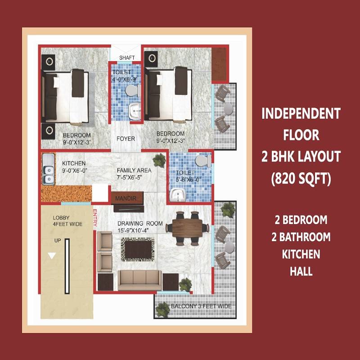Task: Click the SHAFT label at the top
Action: pyautogui.click(x=125, y=58)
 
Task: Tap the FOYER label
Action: pyautogui.click(x=126, y=139)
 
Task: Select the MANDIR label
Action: pyautogui.click(x=126, y=198)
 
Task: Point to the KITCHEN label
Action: pyautogui.click(x=73, y=163)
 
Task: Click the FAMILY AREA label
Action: pyautogui.click(x=134, y=171)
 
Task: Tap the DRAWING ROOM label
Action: pyautogui.click(x=140, y=224)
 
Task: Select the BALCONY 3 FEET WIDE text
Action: pyautogui.click(x=201, y=306)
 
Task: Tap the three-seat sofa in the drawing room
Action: pyautogui.click(x=140, y=280)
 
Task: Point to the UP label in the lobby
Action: pyautogui.click(x=57, y=241)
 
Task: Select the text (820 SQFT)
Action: pyautogui.click(x=301, y=179)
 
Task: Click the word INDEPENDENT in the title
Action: pyautogui.click(x=301, y=114)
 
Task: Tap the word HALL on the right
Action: pyautogui.click(x=301, y=271)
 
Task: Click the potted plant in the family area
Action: pyautogui.click(x=158, y=160)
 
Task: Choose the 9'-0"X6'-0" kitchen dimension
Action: pyautogui.click(x=73, y=171)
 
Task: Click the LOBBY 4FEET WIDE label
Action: pyautogui.click(x=67, y=220)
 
